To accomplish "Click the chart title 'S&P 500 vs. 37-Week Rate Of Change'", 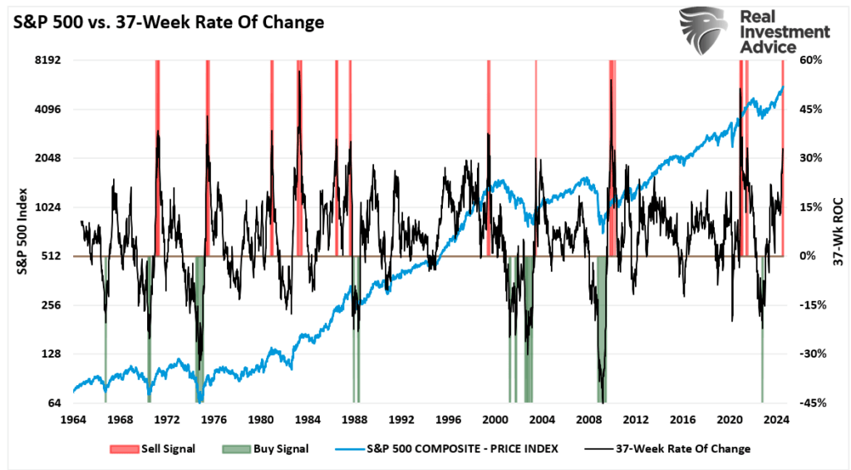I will [165, 22].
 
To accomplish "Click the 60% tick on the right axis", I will [810, 61].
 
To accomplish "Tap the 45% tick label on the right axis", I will [810, 110].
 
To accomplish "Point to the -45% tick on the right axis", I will [812, 403].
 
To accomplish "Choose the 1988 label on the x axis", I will [355, 419].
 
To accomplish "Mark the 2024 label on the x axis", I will [777, 419].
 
